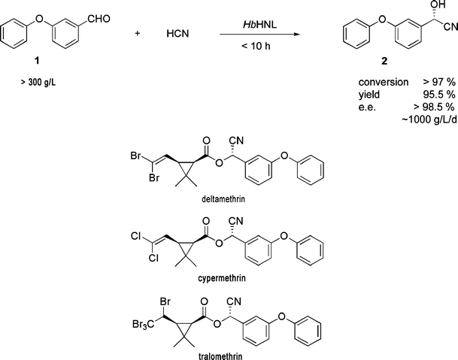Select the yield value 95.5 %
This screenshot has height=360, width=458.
point(433,92)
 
